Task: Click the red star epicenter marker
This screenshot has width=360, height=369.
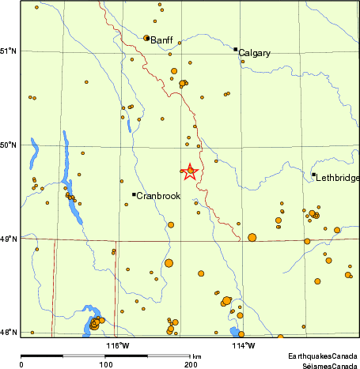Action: (191, 171)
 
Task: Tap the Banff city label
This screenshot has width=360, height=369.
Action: (161, 39)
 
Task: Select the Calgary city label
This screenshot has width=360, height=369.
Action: (254, 53)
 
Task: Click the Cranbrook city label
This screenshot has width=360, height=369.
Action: (158, 195)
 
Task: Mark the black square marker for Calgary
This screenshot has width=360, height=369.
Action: (236, 49)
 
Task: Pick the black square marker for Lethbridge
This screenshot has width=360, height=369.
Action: (313, 175)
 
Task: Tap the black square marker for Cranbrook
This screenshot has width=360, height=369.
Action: (134, 194)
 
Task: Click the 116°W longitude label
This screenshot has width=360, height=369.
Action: (118, 345)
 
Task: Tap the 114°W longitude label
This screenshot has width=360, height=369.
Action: (243, 345)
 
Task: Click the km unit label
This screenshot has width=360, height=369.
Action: (197, 358)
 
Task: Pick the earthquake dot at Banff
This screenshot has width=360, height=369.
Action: (146, 37)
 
